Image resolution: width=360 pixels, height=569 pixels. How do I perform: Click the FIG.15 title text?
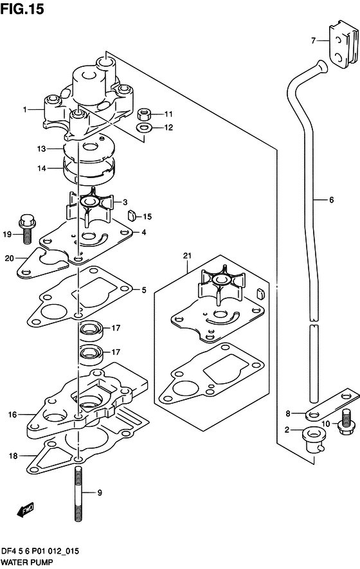tap(22, 9)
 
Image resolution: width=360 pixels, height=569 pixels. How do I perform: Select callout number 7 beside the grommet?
tap(314, 41)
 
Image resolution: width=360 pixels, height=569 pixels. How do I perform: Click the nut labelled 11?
tap(145, 114)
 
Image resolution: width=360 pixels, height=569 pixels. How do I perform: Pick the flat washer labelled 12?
tap(144, 128)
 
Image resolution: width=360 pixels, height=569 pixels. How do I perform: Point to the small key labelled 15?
tap(131, 216)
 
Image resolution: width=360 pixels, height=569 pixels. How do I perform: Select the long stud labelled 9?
tap(78, 494)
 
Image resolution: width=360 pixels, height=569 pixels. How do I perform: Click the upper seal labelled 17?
tap(91, 330)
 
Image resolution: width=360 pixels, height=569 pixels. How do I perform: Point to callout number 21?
tap(187, 256)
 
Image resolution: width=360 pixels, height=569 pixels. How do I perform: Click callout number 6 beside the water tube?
tap(331, 200)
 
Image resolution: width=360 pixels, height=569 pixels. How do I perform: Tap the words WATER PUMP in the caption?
tap(27, 563)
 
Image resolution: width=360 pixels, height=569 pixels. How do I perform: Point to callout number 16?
tap(13, 415)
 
